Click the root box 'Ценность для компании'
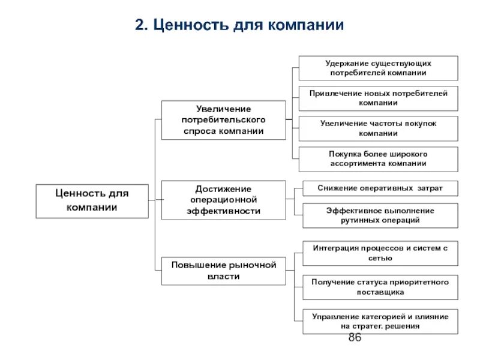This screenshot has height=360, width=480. [x=92, y=200]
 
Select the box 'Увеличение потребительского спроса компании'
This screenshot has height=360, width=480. [x=223, y=120]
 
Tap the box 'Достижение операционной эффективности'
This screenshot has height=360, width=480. [x=223, y=200]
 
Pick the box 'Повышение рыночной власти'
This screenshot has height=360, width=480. [x=223, y=271]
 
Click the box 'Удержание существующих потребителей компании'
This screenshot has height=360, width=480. [x=378, y=68]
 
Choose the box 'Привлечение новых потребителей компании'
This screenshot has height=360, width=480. [x=378, y=98]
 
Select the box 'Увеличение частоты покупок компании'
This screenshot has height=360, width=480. [x=378, y=128]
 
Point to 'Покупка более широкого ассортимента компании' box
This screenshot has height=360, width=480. [x=378, y=158]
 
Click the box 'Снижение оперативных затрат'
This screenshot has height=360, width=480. [x=380, y=188]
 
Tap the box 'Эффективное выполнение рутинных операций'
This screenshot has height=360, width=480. [x=380, y=215]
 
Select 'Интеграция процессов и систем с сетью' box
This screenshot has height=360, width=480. [x=380, y=253]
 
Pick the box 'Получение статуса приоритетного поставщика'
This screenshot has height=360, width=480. [x=380, y=287]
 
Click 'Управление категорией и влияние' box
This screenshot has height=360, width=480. [x=380, y=321]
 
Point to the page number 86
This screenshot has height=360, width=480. [x=355, y=338]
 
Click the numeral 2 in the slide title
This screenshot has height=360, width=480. [x=139, y=25]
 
